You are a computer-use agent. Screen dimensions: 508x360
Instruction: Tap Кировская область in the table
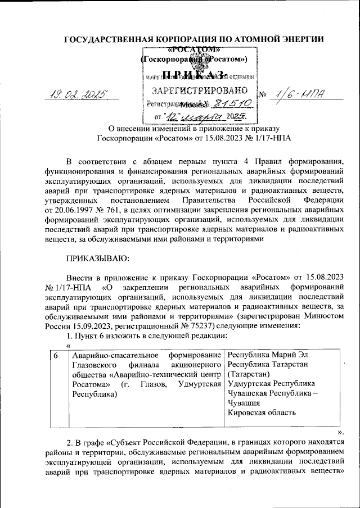262,413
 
